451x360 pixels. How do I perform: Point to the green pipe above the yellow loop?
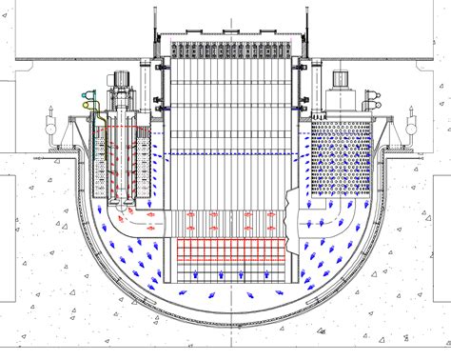91,92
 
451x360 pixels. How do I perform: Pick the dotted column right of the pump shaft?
146,162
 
